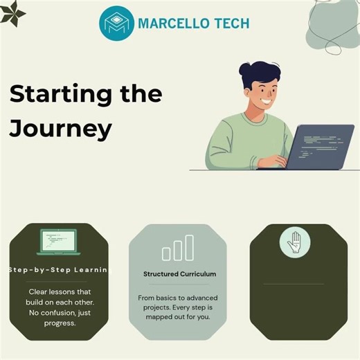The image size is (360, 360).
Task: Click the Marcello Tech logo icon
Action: coord(115,23)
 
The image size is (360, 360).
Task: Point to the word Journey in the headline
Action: coord(60,128)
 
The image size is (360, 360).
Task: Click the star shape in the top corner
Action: coord(11,12)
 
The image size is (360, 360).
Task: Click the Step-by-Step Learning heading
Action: coord(59,270)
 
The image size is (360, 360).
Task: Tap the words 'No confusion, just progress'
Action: coord(59,318)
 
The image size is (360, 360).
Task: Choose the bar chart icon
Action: coord(178,248)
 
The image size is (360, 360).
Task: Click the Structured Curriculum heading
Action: coord(180,274)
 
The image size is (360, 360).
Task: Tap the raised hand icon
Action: coord(294,242)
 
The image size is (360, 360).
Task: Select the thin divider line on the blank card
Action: coord(294,284)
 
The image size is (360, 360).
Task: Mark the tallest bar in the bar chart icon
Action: coord(190,246)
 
